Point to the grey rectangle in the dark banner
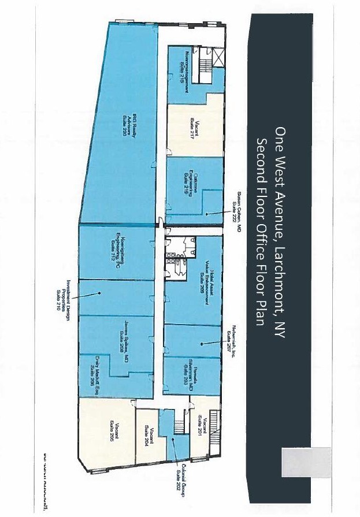tap(306, 462)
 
